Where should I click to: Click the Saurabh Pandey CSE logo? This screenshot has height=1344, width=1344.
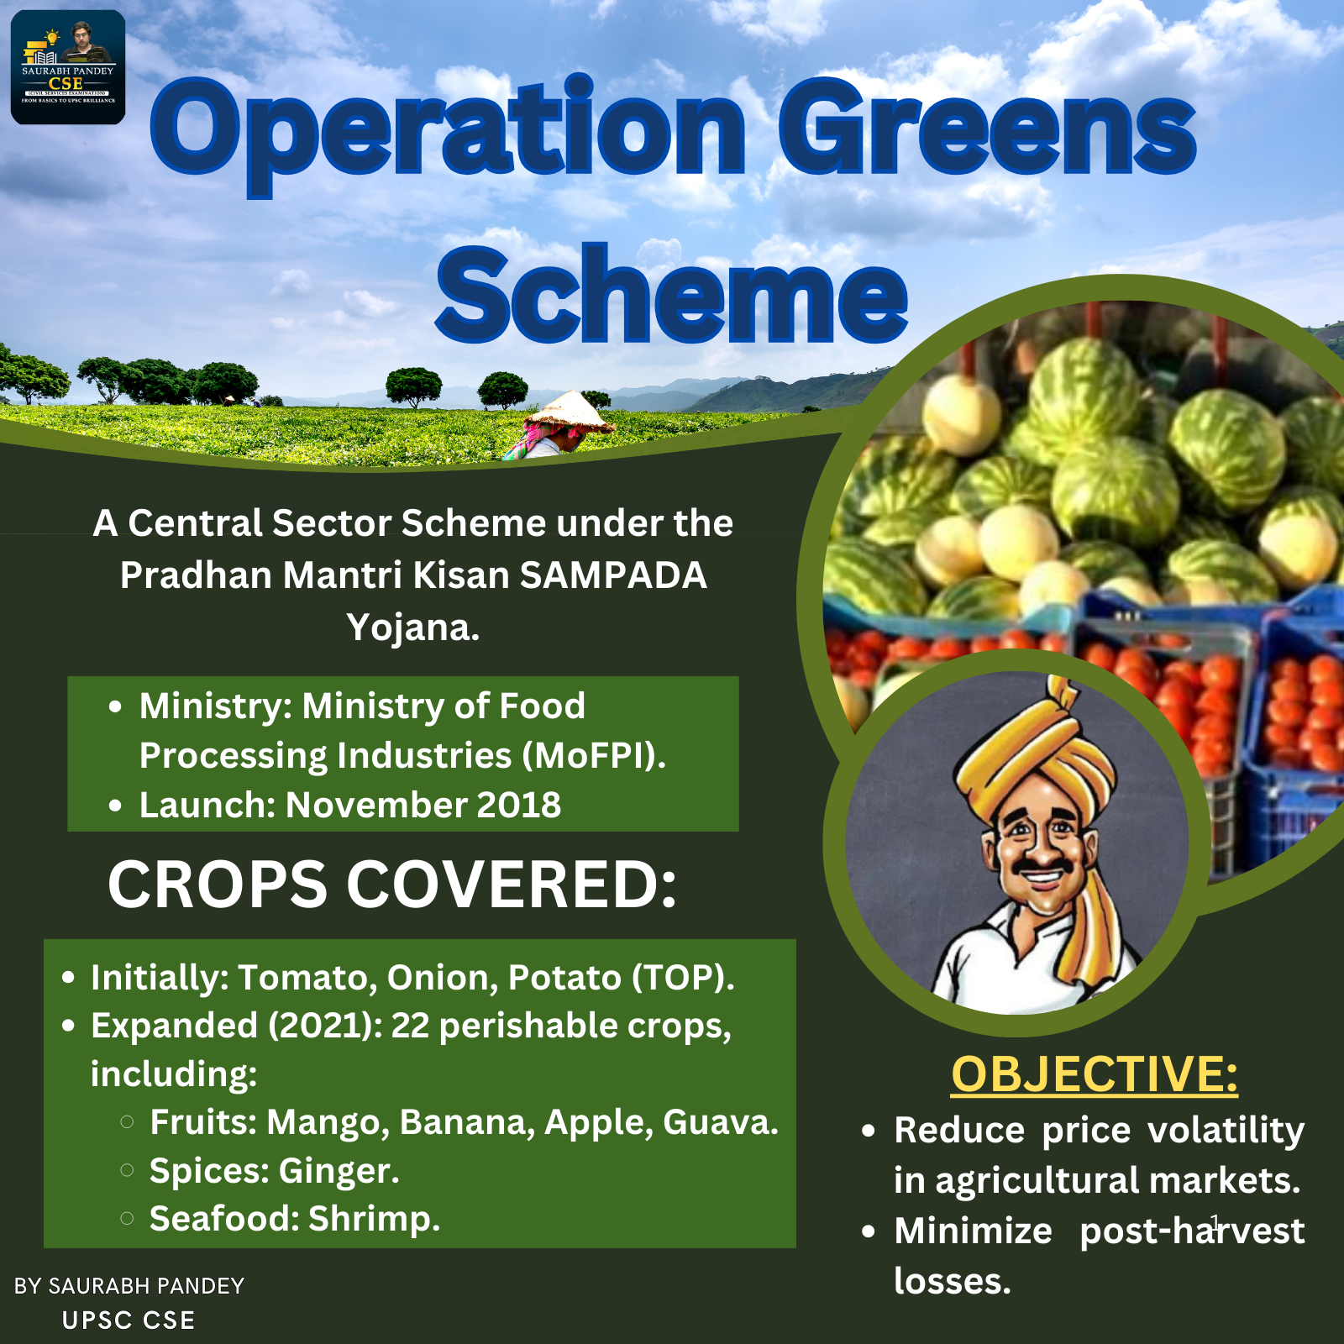(68, 67)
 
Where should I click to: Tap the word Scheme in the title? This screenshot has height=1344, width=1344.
(672, 294)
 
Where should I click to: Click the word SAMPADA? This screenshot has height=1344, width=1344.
(613, 575)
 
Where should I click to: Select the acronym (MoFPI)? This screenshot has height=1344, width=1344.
(594, 755)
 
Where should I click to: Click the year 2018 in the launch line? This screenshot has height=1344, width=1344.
(518, 805)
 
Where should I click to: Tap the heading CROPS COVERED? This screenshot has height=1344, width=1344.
(392, 884)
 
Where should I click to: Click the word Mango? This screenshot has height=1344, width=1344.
(328, 1123)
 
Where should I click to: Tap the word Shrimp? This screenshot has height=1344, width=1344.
(375, 1219)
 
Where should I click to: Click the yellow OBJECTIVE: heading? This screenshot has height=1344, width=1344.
(1095, 1074)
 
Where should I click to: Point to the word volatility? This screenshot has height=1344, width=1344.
(1226, 1131)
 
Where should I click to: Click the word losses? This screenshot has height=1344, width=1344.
(953, 1281)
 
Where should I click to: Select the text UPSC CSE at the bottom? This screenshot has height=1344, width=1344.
(129, 1320)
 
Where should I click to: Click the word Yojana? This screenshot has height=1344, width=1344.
(413, 628)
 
